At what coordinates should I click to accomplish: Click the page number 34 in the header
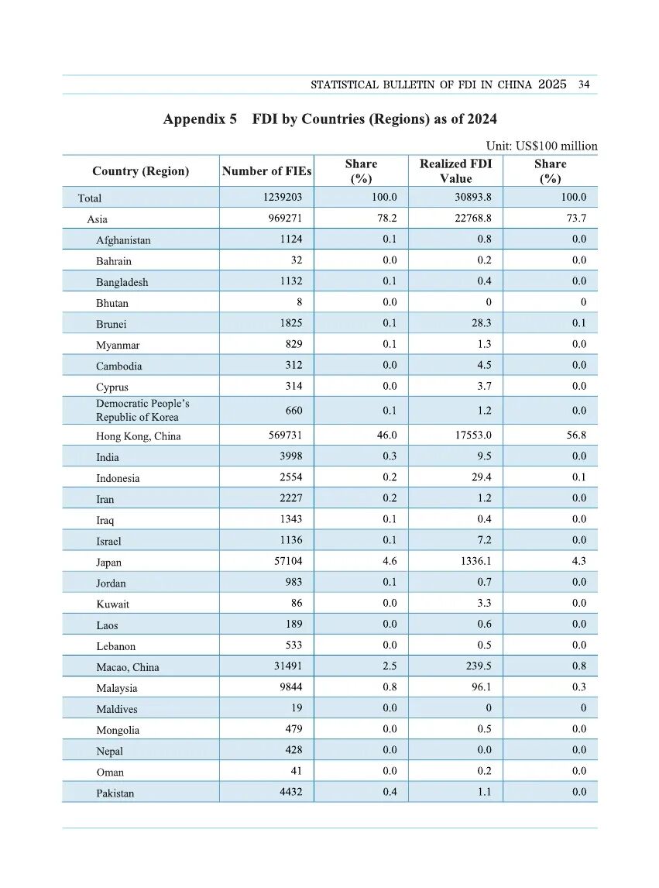point(584,84)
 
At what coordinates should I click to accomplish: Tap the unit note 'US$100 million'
point(553,146)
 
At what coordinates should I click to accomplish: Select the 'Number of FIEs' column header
point(266,171)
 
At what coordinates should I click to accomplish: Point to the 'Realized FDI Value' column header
point(455,170)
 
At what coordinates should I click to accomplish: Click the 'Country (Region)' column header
point(140,171)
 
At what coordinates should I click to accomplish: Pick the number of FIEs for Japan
point(286,562)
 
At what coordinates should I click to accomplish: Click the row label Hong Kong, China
point(138,436)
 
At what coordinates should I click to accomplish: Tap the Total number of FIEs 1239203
point(283,198)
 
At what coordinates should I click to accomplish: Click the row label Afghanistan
point(123,240)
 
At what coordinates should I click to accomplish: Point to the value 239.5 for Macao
point(478,666)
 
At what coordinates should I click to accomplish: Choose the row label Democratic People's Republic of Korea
point(142,410)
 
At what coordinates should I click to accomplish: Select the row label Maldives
point(117,709)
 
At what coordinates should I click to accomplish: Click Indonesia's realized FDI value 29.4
point(481,478)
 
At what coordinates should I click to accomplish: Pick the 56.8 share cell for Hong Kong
point(576,435)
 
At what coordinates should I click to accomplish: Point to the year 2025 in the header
point(552,84)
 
